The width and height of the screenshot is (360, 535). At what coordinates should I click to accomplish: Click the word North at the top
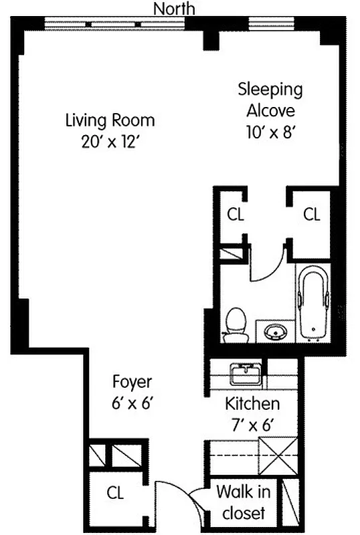(175, 8)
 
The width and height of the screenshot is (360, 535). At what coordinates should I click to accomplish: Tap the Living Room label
(110, 121)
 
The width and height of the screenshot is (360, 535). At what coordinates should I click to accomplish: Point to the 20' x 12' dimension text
(110, 142)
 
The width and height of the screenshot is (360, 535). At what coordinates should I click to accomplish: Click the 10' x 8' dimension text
(270, 132)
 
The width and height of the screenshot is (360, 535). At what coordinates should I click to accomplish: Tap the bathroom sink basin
(274, 330)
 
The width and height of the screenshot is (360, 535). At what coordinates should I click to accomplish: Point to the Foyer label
(132, 383)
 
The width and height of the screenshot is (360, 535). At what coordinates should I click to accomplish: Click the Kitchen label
(252, 404)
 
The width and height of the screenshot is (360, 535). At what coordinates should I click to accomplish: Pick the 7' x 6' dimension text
(252, 425)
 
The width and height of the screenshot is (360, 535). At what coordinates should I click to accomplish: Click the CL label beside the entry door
(116, 494)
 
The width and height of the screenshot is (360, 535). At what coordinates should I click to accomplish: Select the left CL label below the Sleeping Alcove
(236, 215)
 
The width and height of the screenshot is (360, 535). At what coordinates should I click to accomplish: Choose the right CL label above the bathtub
(312, 215)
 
